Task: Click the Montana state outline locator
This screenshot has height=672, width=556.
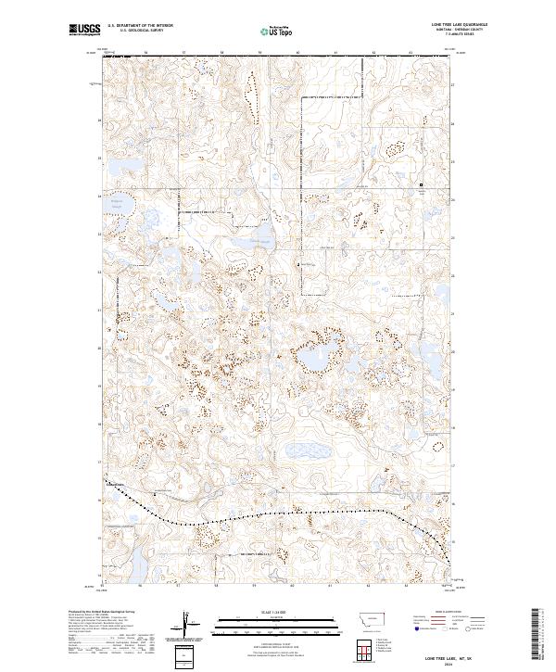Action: [x=363, y=621]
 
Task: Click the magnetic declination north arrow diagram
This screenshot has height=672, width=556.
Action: [x=190, y=623]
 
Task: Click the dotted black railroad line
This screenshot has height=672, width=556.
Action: [x=278, y=513]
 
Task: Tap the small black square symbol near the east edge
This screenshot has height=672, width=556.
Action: [x=422, y=184]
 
